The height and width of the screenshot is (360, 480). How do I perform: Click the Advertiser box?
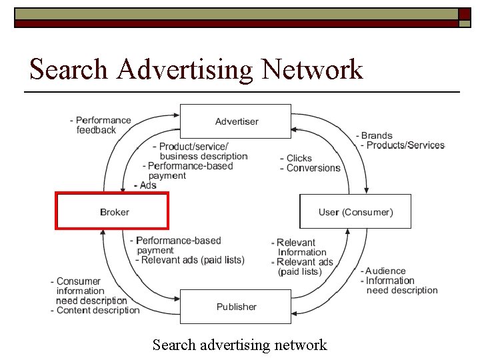tap(236, 121)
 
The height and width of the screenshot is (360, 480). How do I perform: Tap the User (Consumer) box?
tap(355, 212)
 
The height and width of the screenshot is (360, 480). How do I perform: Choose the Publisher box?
tap(236, 307)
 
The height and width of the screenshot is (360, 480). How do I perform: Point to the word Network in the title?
tap(312, 69)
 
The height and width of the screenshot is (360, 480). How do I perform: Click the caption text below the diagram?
tap(239, 345)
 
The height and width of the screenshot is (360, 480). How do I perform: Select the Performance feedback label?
tap(100, 125)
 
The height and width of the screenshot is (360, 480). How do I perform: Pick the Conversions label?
tap(312, 168)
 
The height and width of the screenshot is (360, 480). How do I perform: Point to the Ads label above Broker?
tap(146, 185)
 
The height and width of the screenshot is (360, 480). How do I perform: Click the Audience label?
tap(385, 271)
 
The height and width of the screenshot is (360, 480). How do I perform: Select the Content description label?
tap(97, 310)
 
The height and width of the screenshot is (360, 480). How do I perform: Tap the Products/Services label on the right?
tap(404, 145)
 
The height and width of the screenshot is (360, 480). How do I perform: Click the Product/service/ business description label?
tap(200, 151)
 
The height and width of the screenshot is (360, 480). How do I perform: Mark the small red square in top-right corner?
tap(465, 14)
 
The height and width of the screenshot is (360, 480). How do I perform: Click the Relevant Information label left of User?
tap(299, 247)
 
